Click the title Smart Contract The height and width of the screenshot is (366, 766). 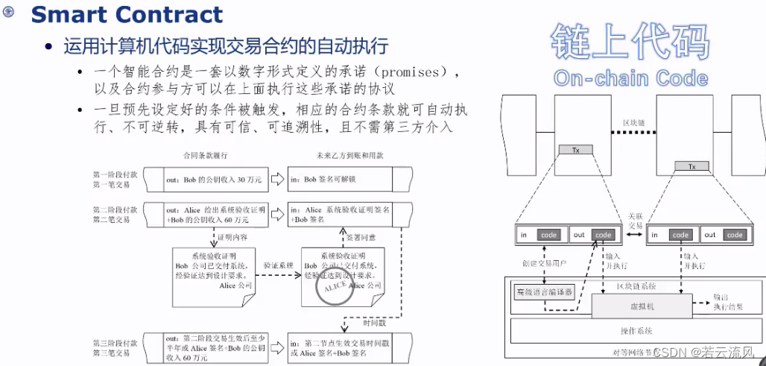pos(127,14)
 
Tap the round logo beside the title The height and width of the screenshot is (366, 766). pos(9,13)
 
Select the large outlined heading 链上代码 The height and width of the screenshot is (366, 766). pos(630,41)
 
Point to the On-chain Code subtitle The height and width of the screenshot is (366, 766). pos(630,78)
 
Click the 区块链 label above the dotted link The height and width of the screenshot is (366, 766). pos(634,122)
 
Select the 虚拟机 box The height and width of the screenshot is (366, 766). pos(639,306)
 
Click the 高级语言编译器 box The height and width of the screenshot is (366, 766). pos(545,292)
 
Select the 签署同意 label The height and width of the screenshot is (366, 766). pos(363,238)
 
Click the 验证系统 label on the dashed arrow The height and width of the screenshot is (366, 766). pos(277,265)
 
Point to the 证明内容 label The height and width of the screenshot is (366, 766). pos(232,238)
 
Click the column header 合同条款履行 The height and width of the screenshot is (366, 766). pos(205,157)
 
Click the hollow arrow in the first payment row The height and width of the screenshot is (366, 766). pos(277,179)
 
